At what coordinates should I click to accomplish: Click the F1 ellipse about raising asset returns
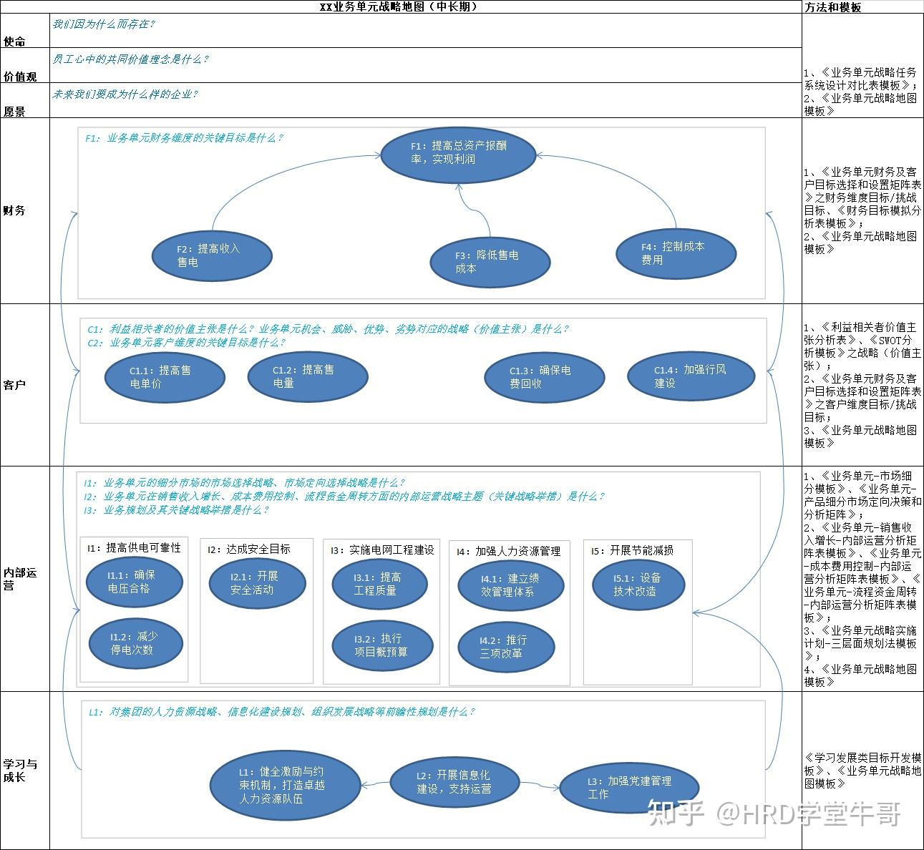(458, 152)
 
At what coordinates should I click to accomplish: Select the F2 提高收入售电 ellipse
(212, 255)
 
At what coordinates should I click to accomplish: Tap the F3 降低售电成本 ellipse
(490, 262)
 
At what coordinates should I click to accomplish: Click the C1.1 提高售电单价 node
(165, 377)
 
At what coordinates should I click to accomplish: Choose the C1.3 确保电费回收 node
(544, 377)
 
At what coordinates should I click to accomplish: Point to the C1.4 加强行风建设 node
(691, 376)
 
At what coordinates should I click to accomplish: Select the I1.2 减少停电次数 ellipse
(135, 643)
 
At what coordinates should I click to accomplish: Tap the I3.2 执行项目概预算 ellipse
(383, 645)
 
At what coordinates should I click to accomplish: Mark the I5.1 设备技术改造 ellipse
(638, 585)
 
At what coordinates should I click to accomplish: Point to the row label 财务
(14, 211)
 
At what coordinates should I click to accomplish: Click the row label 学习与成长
(20, 771)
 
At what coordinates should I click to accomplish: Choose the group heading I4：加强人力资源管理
(508, 551)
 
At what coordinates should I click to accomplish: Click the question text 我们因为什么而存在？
(104, 24)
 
